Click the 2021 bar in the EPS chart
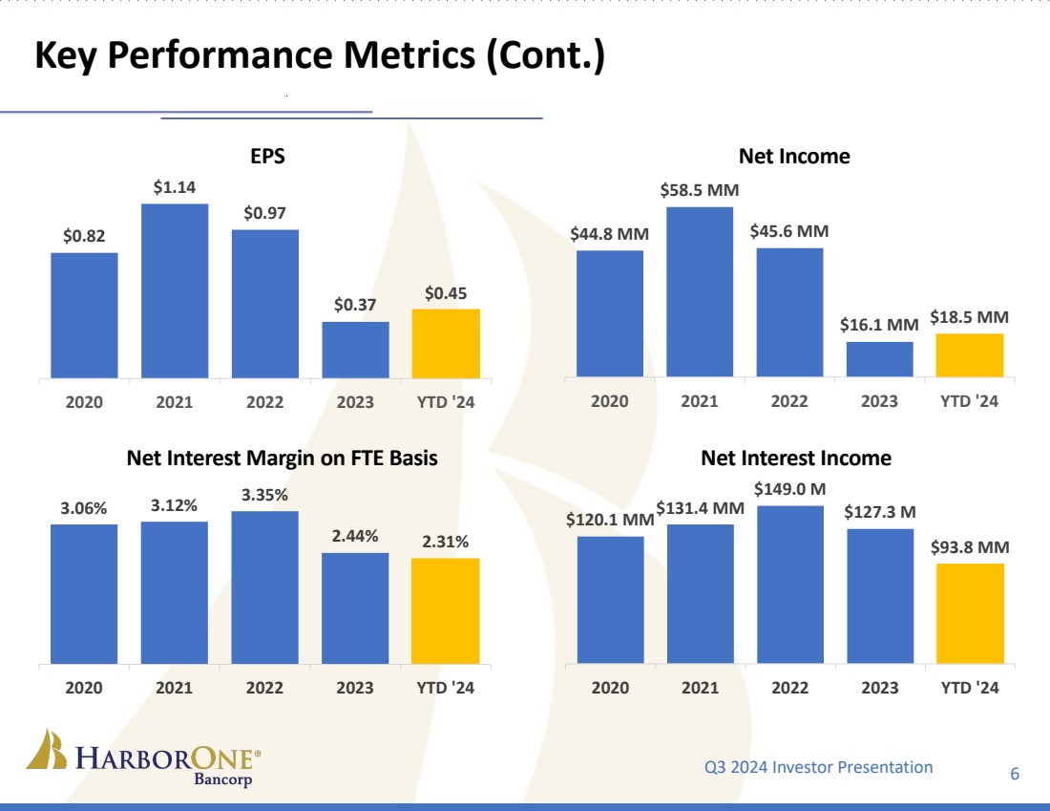pyautogui.click(x=175, y=290)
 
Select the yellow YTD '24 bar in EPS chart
pyautogui.click(x=446, y=343)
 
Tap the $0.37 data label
pyautogui.click(x=355, y=306)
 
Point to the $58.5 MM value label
pyautogui.click(x=700, y=191)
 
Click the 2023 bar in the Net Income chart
pyautogui.click(x=879, y=359)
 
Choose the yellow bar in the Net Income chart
pyautogui.click(x=970, y=355)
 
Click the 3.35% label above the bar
pyautogui.click(x=265, y=495)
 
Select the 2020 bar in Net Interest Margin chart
pyautogui.click(x=84, y=593)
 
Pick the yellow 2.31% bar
pyautogui.click(x=446, y=610)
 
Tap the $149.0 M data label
pyautogui.click(x=790, y=489)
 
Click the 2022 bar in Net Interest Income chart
pyautogui.click(x=790, y=584)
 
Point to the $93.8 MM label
pyautogui.click(x=970, y=547)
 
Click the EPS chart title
pyautogui.click(x=267, y=157)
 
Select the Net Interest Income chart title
pyautogui.click(x=796, y=459)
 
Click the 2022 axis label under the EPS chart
pyautogui.click(x=265, y=402)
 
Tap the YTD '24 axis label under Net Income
pyautogui.click(x=970, y=401)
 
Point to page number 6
pyautogui.click(x=1015, y=774)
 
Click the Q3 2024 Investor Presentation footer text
pyautogui.click(x=818, y=767)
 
